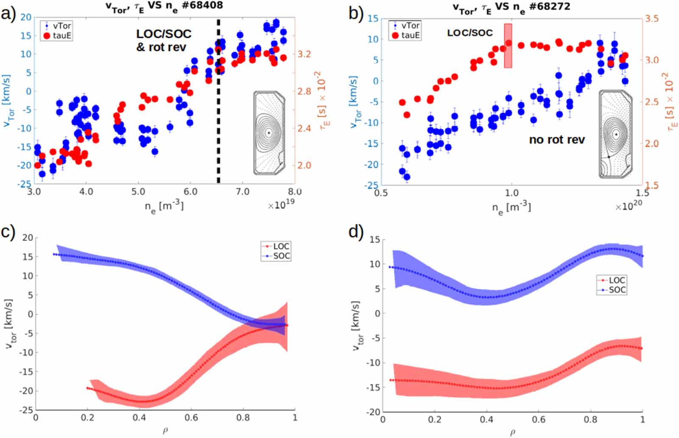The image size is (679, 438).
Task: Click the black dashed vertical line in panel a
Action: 219,127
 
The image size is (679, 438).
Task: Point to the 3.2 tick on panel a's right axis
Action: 304,54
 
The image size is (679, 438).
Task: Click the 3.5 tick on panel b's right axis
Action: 651,19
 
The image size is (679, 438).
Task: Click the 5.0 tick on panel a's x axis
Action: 138,192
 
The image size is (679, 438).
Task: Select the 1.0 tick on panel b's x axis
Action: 511,193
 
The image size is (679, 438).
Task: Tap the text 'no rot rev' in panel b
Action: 556,139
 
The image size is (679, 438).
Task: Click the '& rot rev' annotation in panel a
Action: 161,47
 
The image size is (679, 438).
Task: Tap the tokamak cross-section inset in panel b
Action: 615,134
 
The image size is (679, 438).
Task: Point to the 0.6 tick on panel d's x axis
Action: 539,420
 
